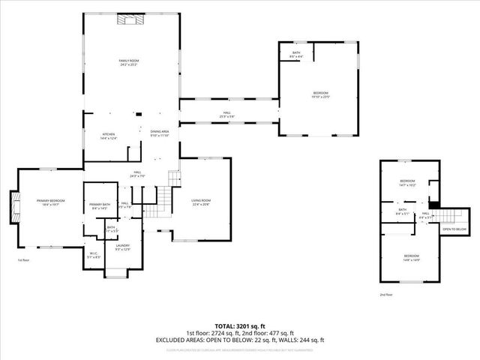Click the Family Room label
(x=130, y=61)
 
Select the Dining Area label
(x=160, y=133)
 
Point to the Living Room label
(x=200, y=202)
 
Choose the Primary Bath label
(x=99, y=206)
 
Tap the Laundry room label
(x=122, y=247)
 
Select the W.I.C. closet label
(x=94, y=255)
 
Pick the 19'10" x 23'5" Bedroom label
(x=320, y=94)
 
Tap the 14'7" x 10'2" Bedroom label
(x=407, y=182)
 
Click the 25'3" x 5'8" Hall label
(x=227, y=114)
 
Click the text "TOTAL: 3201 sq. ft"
(x=240, y=326)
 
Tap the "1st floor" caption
(x=24, y=260)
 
